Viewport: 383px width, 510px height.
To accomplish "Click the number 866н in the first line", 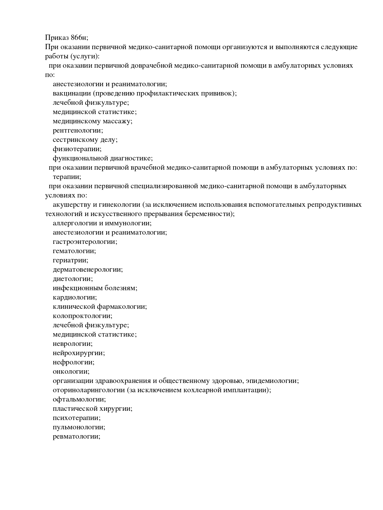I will (x=79, y=38).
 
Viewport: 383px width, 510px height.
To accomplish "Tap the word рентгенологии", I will (x=78, y=130).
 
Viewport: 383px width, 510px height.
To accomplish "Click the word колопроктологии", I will (x=82, y=316).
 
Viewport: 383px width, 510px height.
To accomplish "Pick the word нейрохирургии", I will (x=78, y=353).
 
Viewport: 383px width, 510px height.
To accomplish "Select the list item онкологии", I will (x=71, y=372).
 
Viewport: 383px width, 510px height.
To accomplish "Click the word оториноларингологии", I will (x=89, y=390).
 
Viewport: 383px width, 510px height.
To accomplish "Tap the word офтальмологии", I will (x=79, y=399).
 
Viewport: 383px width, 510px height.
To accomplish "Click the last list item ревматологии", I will (x=76, y=436).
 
